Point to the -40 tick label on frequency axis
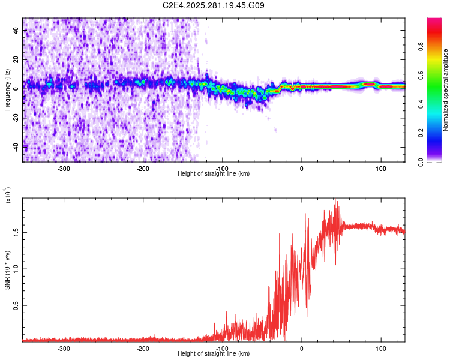click(x=15, y=146)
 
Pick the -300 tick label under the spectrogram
click(x=64, y=168)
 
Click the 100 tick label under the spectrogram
click(x=380, y=168)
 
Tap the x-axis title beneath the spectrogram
click(x=214, y=174)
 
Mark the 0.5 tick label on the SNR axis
click(x=15, y=305)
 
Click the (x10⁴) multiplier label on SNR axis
click(x=7, y=195)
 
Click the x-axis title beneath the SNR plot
click(x=214, y=354)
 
